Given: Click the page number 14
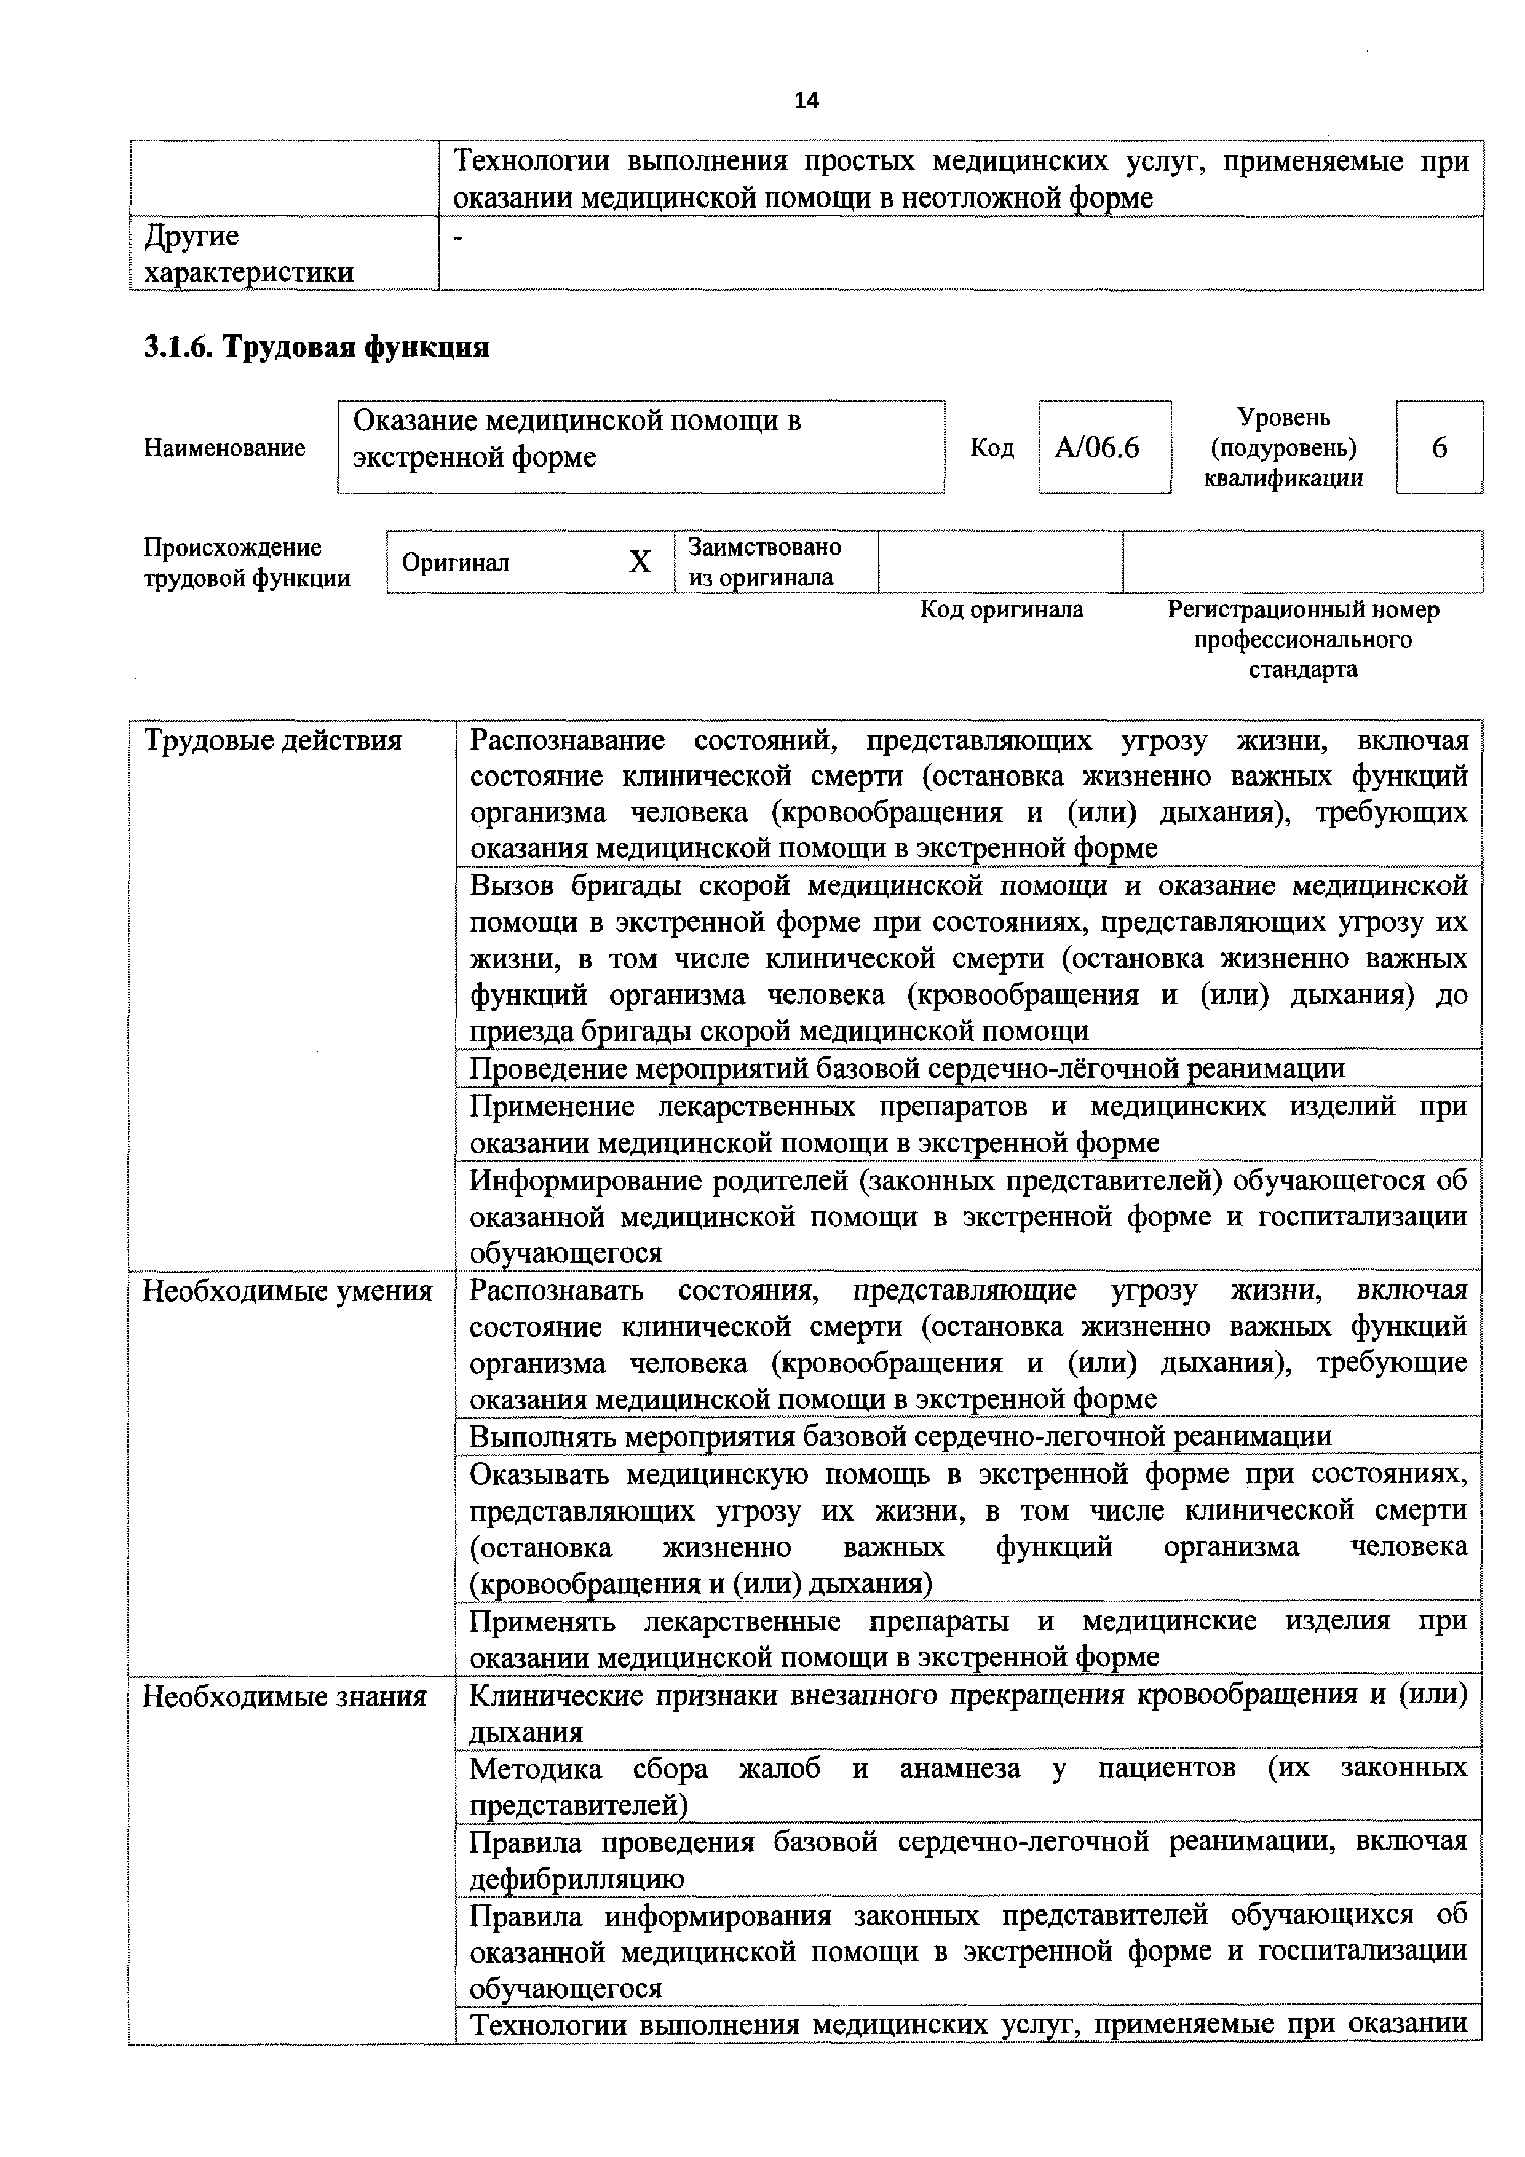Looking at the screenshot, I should (x=806, y=100).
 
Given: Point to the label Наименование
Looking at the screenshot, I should (x=224, y=448).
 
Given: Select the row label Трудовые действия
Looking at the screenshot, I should (x=272, y=741).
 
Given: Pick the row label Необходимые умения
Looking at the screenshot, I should (x=287, y=1292).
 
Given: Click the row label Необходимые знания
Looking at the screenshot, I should (x=283, y=1696).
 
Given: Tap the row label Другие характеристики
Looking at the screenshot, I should (x=248, y=254).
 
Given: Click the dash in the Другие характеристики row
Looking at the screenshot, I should (x=459, y=238).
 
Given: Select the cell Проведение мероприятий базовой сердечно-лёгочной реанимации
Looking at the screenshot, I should (x=907, y=1068).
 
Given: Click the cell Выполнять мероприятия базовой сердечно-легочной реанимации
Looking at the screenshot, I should (x=900, y=1436).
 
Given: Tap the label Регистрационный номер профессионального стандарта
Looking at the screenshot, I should (x=1302, y=639).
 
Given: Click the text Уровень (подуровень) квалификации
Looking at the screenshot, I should (x=1283, y=448).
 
